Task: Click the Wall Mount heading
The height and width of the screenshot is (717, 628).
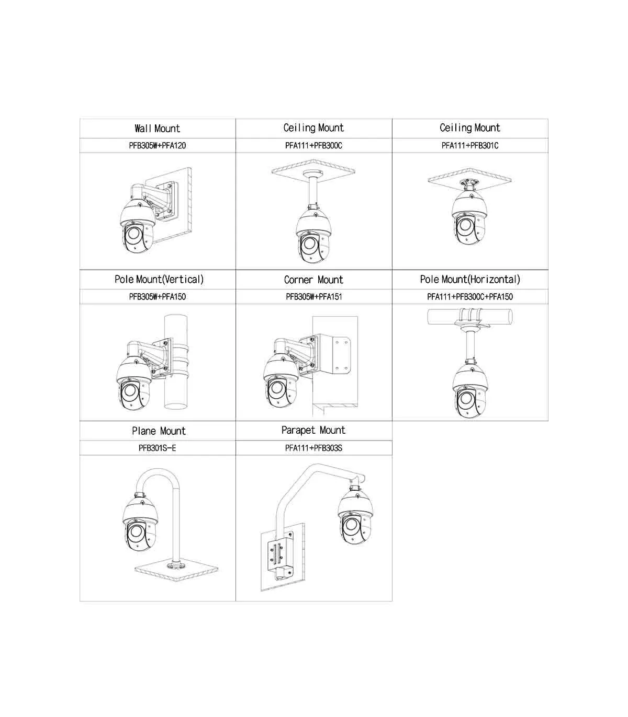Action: coord(157,129)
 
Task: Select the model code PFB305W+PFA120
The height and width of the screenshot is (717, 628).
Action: coord(158,145)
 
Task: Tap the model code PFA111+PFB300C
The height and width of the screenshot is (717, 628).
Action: coord(313,145)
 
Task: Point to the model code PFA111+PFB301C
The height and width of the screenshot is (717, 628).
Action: coord(470,145)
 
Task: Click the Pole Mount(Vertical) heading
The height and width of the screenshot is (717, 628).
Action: coord(159,279)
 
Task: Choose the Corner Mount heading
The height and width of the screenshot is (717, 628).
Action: coord(313,280)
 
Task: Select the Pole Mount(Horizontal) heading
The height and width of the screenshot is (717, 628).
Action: coord(470,279)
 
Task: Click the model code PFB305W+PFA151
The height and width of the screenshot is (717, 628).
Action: coord(313,297)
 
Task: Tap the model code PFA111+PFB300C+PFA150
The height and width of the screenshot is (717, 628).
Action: coord(470,297)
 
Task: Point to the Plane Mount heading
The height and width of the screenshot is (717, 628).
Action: coord(159,431)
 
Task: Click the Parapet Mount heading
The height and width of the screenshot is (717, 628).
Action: coord(313,430)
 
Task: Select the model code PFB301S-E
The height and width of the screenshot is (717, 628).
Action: coord(157,448)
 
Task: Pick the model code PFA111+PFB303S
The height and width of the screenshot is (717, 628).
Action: coord(313,448)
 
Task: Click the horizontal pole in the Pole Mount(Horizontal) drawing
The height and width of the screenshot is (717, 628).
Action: coord(470,317)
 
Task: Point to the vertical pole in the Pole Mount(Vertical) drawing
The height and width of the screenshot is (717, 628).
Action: coord(176,362)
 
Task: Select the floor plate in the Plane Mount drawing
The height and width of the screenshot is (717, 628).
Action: coord(176,570)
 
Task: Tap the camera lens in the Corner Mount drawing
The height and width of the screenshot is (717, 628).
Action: coord(276,388)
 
